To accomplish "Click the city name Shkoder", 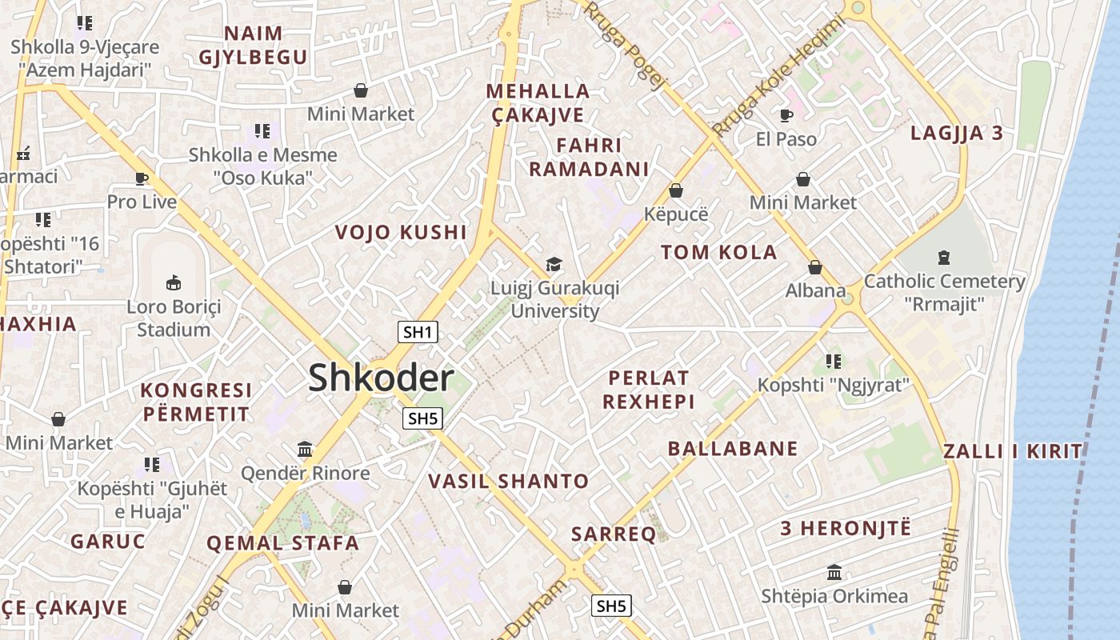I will [381, 378].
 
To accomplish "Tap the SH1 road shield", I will [418, 332].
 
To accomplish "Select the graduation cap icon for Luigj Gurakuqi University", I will [553, 264].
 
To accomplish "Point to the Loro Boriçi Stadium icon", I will [174, 282].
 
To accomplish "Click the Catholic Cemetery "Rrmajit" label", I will [944, 292].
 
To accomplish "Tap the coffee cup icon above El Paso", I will [786, 115].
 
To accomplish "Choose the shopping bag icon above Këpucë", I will [676, 190].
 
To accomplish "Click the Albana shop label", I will [815, 290].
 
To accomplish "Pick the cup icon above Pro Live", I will [142, 178].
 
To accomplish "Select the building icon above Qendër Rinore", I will [305, 449].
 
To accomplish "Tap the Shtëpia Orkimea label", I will [834, 596].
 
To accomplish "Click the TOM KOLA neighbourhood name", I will [718, 253].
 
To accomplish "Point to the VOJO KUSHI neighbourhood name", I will [400, 233].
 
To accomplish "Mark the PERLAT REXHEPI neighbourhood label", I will [648, 389].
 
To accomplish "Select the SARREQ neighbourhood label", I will [614, 534].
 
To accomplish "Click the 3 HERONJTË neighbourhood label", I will [846, 528].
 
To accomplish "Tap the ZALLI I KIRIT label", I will [1012, 451].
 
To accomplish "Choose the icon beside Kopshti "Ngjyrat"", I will [834, 362].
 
